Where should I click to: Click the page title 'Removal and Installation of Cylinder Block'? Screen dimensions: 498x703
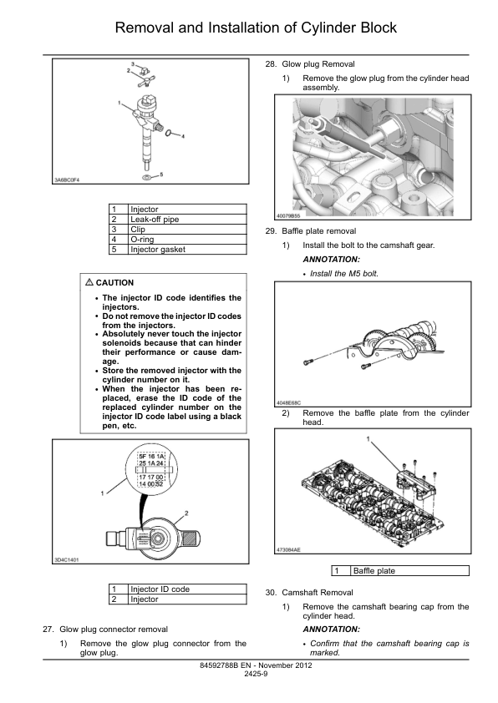(x=256, y=28)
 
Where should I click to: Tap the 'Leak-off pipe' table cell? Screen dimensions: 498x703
(x=187, y=220)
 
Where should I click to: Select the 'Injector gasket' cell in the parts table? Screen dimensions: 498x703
(x=187, y=250)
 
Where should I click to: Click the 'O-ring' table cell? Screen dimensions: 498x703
(x=187, y=240)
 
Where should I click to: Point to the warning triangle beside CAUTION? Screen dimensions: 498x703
(x=89, y=282)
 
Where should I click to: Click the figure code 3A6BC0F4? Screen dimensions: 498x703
(x=67, y=180)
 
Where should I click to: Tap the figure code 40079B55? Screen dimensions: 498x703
(x=288, y=216)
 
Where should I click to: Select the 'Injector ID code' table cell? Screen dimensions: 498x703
(x=187, y=589)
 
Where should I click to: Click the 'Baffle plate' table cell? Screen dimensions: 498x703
(x=409, y=571)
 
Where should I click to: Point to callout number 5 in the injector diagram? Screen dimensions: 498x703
(x=161, y=174)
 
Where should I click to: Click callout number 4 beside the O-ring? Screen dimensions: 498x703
(x=183, y=136)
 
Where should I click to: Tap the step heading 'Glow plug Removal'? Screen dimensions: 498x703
(x=318, y=64)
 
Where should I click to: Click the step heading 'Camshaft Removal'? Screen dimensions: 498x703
(x=318, y=593)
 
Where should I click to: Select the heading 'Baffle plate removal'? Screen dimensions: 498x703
(x=319, y=231)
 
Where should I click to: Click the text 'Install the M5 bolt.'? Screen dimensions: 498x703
(x=344, y=274)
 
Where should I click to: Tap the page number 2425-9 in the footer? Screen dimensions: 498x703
(x=256, y=674)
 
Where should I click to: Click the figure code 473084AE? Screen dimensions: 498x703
(x=288, y=549)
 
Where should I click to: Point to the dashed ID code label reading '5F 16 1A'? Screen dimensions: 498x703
(x=151, y=457)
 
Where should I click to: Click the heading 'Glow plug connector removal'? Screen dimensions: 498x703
(x=114, y=630)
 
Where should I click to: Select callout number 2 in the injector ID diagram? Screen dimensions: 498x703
(x=186, y=513)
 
